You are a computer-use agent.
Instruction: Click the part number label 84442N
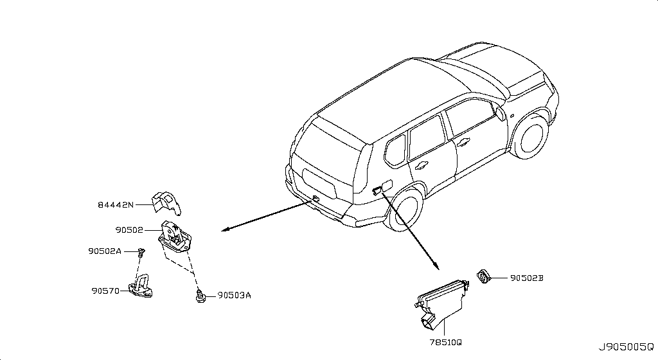pyautogui.click(x=116, y=205)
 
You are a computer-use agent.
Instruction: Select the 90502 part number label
pyautogui.click(x=129, y=230)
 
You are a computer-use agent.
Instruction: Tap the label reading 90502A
pyautogui.click(x=105, y=251)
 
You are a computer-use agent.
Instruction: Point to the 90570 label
pyautogui.click(x=105, y=291)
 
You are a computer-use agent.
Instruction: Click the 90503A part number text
pyautogui.click(x=234, y=295)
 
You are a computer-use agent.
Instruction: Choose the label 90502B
pyautogui.click(x=527, y=278)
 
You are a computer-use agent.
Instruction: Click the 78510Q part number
pyautogui.click(x=446, y=342)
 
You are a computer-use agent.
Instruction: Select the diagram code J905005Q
pyautogui.click(x=626, y=347)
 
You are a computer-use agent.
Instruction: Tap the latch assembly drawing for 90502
pyautogui.click(x=175, y=239)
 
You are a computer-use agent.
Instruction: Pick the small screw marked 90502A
pyautogui.click(x=141, y=252)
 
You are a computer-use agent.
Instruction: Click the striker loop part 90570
pyautogui.click(x=140, y=286)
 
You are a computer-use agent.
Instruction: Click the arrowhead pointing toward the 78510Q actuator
pyautogui.click(x=436, y=265)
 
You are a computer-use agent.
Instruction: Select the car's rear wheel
pyautogui.click(x=406, y=210)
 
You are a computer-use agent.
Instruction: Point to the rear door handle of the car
pyautogui.click(x=420, y=165)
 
